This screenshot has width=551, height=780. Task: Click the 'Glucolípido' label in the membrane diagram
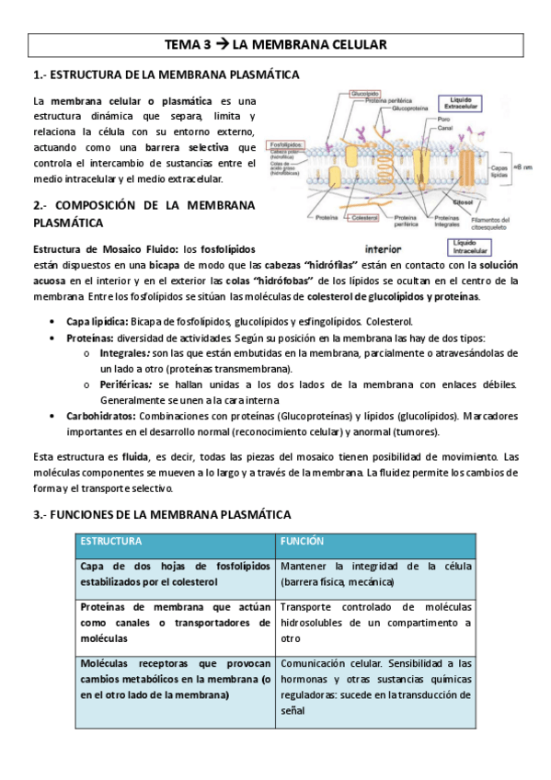pyautogui.click(x=366, y=94)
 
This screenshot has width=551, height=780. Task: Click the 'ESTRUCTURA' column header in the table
pyautogui.click(x=111, y=542)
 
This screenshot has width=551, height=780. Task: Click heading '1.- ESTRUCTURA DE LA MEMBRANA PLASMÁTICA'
pyautogui.click(x=166, y=75)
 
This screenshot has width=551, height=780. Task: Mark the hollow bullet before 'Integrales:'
pyautogui.click(x=86, y=353)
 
